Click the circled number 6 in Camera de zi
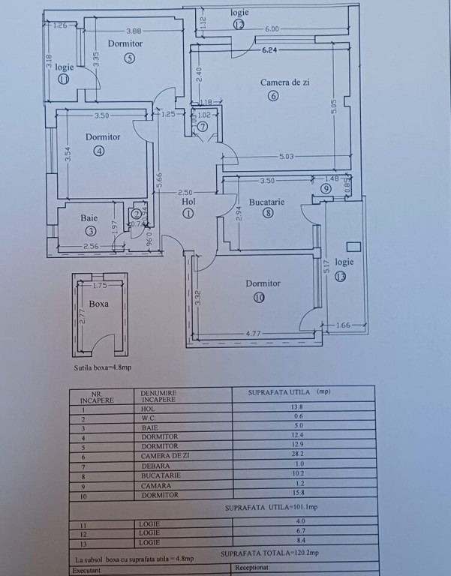[272, 95]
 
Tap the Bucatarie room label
[266, 202]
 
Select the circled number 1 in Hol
[188, 213]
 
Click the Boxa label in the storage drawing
[98, 304]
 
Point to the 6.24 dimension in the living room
[270, 51]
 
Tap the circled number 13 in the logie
[341, 276]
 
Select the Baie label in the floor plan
[89, 218]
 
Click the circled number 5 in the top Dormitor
[129, 58]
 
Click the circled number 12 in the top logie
[239, 24]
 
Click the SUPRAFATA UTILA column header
[289, 391]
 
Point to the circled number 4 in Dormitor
[98, 150]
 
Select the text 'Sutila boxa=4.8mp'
[103, 367]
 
